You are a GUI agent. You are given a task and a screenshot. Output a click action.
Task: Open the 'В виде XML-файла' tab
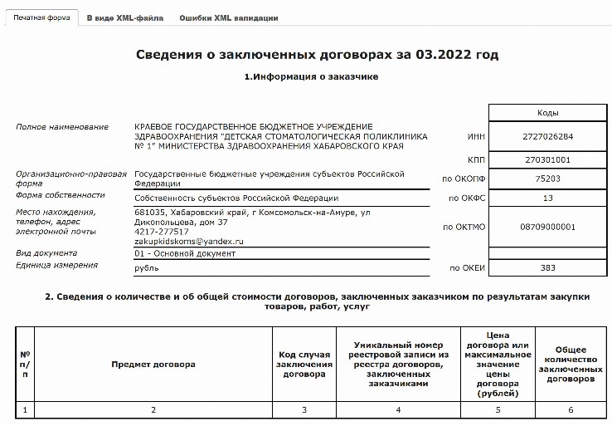[125, 17]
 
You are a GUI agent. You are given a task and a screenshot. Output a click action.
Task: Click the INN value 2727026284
[547, 136]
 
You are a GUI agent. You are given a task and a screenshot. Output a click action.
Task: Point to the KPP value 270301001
[547, 159]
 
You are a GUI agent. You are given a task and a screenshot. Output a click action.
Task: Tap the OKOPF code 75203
[547, 178]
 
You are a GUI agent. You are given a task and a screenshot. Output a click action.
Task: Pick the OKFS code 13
[547, 198]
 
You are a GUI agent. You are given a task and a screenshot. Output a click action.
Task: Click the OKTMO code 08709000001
[547, 227]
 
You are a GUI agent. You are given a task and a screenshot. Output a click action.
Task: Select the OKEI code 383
[547, 268]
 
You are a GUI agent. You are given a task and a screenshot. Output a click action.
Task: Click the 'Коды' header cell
[547, 112]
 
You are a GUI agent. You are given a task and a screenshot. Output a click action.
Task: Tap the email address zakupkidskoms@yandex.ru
[188, 241]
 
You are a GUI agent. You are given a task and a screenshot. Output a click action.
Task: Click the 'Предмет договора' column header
[153, 365]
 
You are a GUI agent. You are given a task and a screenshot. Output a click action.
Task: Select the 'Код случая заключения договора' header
[304, 365]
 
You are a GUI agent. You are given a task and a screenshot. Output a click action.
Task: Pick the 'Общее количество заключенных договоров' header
[570, 365]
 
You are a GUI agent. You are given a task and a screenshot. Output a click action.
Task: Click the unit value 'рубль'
[147, 268]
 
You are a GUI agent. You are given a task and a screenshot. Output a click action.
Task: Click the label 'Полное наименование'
[62, 127]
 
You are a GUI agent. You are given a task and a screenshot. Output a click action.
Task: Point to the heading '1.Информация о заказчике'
[311, 77]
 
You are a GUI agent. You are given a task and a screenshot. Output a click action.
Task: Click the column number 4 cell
[398, 409]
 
